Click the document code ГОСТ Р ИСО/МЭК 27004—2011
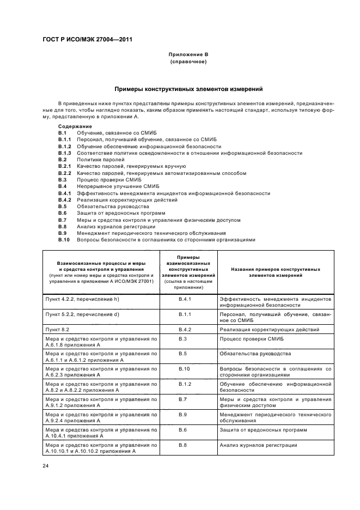tap(88, 39)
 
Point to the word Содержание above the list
tap(75, 126)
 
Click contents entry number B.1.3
tap(65, 153)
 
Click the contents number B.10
tap(64, 239)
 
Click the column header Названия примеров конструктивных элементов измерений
tap(276, 272)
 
